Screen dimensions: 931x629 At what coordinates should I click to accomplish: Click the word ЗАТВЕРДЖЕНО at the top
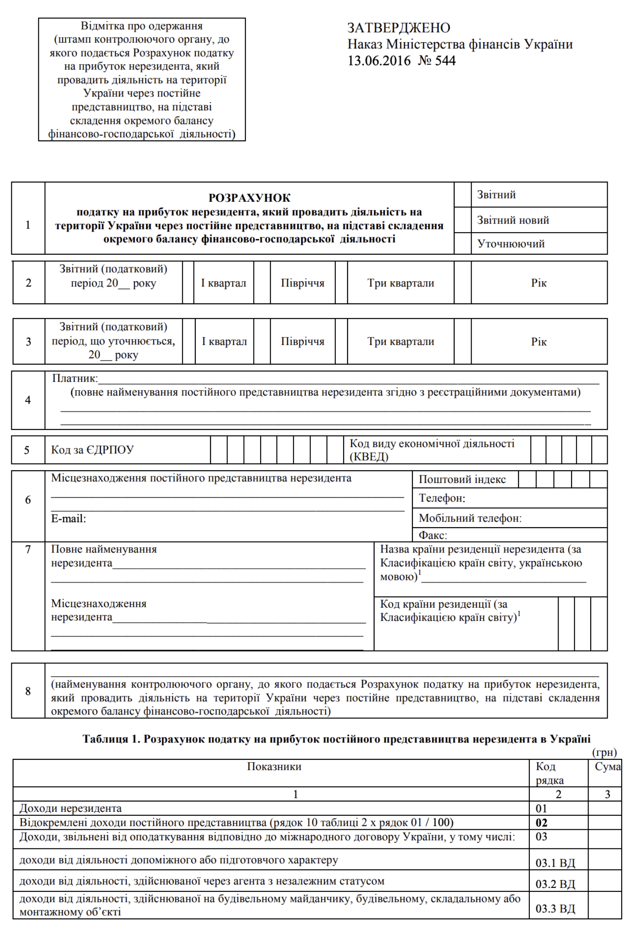point(398,28)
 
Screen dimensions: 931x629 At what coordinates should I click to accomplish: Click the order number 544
point(445,60)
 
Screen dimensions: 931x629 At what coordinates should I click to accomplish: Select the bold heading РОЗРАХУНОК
point(249,198)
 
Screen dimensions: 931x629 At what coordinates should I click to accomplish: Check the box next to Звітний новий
point(462,220)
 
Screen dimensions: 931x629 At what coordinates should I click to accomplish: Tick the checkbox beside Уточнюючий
point(462,243)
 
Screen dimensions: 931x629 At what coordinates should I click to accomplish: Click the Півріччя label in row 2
point(302,283)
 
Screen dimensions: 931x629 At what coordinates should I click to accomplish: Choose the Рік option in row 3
point(539,342)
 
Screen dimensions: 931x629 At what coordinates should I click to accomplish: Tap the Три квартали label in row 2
point(401,283)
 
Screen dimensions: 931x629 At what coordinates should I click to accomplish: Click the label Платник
point(75,378)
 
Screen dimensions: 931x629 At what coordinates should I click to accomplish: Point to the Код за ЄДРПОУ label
point(92,449)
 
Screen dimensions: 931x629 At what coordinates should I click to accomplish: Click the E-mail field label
point(68,518)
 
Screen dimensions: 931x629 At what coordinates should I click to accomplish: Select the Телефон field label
point(442,498)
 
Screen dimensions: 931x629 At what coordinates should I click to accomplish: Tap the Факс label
point(432,535)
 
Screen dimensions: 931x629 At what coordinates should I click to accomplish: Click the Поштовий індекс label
point(462,479)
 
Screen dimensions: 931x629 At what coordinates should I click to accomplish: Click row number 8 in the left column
point(28,691)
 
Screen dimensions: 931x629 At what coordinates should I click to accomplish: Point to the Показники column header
point(274,766)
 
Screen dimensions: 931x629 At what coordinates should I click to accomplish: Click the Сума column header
point(607,767)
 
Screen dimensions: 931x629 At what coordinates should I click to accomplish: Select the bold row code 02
point(542,823)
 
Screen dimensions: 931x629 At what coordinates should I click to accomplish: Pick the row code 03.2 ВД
point(555,884)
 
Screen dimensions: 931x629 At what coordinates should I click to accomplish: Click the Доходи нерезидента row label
point(70,808)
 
